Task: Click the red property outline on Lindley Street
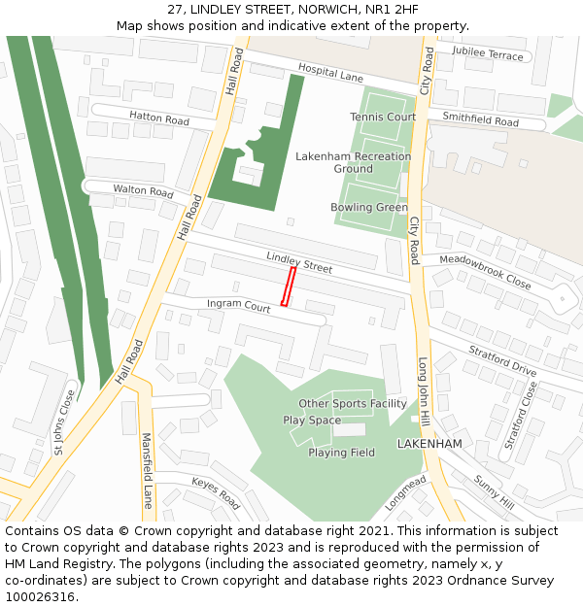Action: (x=288, y=287)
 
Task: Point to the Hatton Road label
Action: (x=158, y=118)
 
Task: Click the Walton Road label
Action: (x=143, y=190)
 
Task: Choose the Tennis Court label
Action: (x=383, y=117)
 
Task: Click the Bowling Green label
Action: (x=368, y=208)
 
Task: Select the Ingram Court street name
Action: (x=238, y=306)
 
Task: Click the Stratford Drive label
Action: (x=502, y=362)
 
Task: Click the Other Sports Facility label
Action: (x=352, y=404)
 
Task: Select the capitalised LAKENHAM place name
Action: (x=429, y=444)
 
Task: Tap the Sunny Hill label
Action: (x=494, y=492)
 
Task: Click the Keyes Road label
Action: (x=215, y=494)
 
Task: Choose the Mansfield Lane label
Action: (x=148, y=471)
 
